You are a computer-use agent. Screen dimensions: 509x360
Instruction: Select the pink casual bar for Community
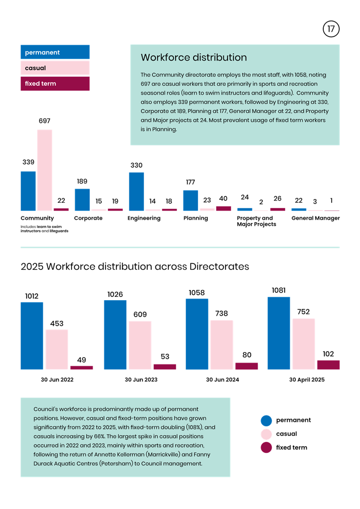pyautogui.click(x=44, y=170)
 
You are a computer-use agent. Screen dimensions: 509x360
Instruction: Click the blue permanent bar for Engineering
pyautogui.click(x=136, y=191)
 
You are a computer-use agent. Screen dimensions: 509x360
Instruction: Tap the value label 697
pyautogui.click(x=44, y=121)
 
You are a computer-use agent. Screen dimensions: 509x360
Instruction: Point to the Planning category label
pyautogui.click(x=195, y=218)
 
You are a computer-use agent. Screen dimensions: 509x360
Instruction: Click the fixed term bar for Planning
pyautogui.click(x=223, y=208)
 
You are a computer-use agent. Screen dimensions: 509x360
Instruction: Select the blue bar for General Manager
pyautogui.click(x=299, y=209)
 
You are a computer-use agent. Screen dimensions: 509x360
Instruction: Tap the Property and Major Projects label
pyautogui.click(x=256, y=221)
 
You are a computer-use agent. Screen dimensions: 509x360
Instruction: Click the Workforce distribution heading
pyautogui.click(x=194, y=57)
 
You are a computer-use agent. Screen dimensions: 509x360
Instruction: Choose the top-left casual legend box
pyautogui.click(x=55, y=68)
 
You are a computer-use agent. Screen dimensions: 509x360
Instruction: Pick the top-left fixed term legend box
pyautogui.click(x=55, y=84)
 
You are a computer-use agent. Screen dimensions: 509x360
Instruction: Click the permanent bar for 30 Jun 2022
pyautogui.click(x=32, y=335)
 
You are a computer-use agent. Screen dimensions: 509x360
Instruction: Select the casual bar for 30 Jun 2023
pyautogui.click(x=139, y=345)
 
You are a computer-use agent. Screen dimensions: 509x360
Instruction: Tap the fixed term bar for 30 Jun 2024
pyautogui.click(x=246, y=366)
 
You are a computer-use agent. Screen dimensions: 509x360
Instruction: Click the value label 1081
pyautogui.click(x=279, y=290)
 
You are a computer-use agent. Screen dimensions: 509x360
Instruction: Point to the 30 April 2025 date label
pyautogui.click(x=306, y=380)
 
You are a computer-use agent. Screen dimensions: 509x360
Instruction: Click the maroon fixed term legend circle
pyautogui.click(x=266, y=447)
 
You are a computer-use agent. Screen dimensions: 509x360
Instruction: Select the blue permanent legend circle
pyautogui.click(x=266, y=420)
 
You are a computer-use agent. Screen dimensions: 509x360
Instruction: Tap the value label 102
pyautogui.click(x=328, y=354)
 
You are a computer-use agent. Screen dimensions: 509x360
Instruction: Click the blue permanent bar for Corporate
pyautogui.click(x=82, y=200)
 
